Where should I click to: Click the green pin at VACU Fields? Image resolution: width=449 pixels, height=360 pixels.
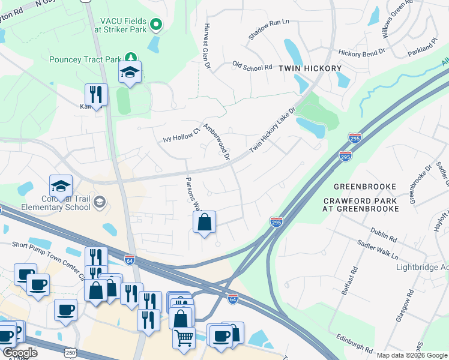coord(156,25)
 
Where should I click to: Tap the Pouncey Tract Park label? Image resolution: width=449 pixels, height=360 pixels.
coord(85,59)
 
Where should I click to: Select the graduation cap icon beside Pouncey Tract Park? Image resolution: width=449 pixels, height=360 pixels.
coord(130,73)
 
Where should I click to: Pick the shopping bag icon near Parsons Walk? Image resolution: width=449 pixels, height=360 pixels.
coord(204,223)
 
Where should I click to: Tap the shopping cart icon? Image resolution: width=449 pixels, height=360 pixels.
coord(184,337)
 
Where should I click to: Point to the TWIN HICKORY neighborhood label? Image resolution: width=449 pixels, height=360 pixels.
coord(310,68)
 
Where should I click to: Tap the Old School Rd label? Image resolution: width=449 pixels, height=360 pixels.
coord(252,67)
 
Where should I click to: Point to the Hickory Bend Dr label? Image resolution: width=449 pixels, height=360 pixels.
coord(361,53)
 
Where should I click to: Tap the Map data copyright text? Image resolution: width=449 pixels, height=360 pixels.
coord(411,355)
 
